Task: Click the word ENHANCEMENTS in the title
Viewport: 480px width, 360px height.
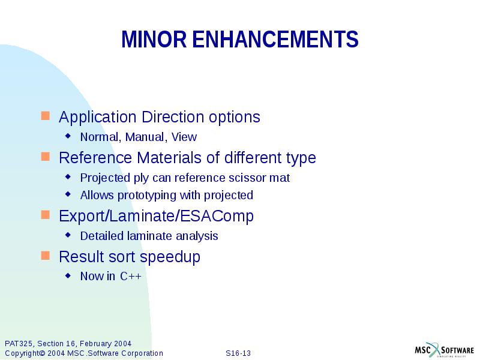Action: point(275,40)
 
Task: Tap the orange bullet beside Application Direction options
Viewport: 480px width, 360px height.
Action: point(46,115)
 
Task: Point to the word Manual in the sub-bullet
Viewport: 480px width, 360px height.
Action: point(146,137)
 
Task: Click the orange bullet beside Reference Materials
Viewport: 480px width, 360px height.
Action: point(46,157)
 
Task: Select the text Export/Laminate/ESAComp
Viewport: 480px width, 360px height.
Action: point(156,216)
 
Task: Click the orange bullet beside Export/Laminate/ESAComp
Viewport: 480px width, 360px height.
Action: point(46,215)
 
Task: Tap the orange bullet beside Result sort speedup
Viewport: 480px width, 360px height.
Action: point(46,256)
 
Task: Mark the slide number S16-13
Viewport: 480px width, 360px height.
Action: point(238,353)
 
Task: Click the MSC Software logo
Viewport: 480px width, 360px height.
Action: point(443,350)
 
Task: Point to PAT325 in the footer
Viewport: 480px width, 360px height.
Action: point(18,343)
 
